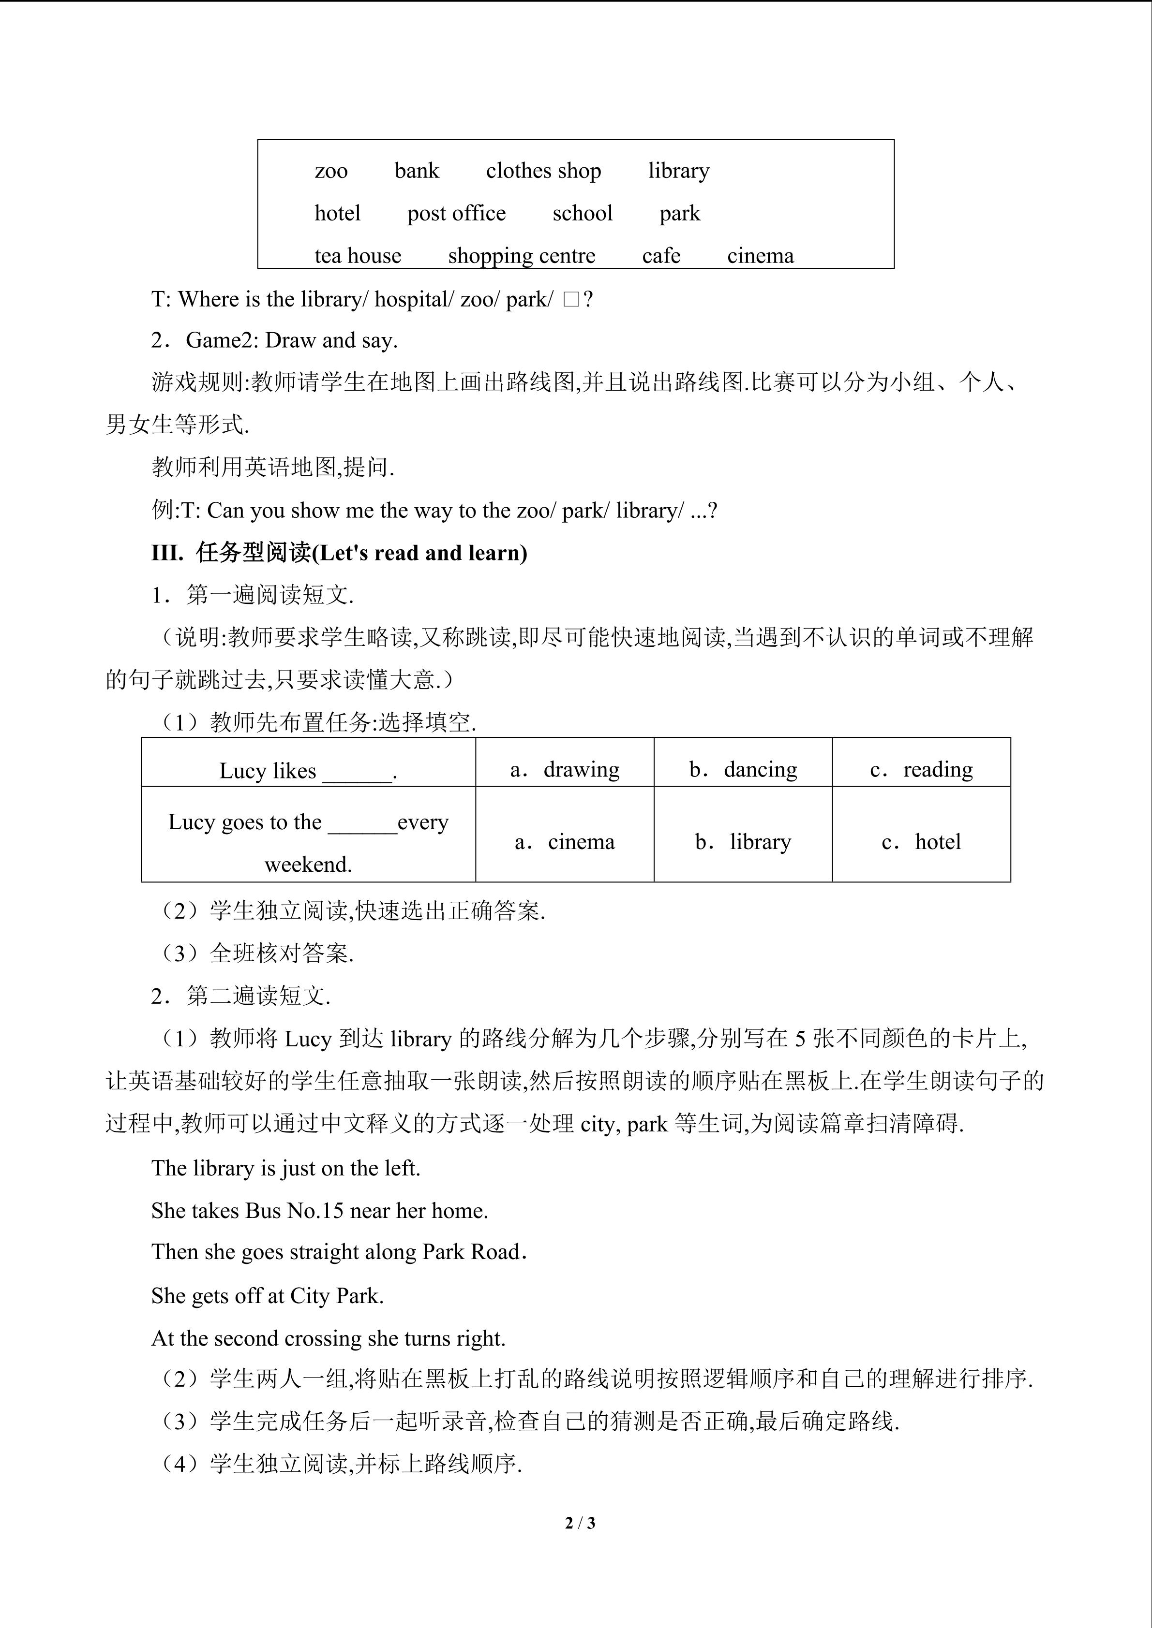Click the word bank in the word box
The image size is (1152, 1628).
pyautogui.click(x=417, y=171)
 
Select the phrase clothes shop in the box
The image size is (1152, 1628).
pyautogui.click(x=543, y=171)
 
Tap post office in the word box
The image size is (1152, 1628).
pyautogui.click(x=456, y=213)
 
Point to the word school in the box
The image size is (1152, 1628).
pyautogui.click(x=583, y=213)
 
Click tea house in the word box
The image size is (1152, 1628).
pyautogui.click(x=358, y=256)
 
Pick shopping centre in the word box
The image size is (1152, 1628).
pyautogui.click(x=522, y=256)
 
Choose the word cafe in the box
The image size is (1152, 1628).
pyautogui.click(x=661, y=256)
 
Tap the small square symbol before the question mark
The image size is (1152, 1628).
pyautogui.click(x=571, y=300)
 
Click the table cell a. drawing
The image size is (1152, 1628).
pyautogui.click(x=565, y=769)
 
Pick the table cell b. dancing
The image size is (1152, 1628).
pyautogui.click(x=743, y=769)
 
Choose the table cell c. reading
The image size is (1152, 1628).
pyautogui.click(x=921, y=769)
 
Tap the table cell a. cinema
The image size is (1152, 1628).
pyautogui.click(x=565, y=842)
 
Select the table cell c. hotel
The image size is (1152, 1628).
pyautogui.click(x=921, y=842)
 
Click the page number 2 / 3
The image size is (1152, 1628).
pyautogui.click(x=580, y=1522)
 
